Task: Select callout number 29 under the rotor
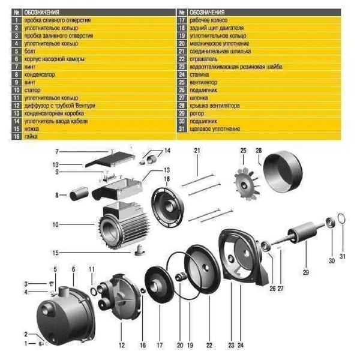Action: click(x=305, y=272)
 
